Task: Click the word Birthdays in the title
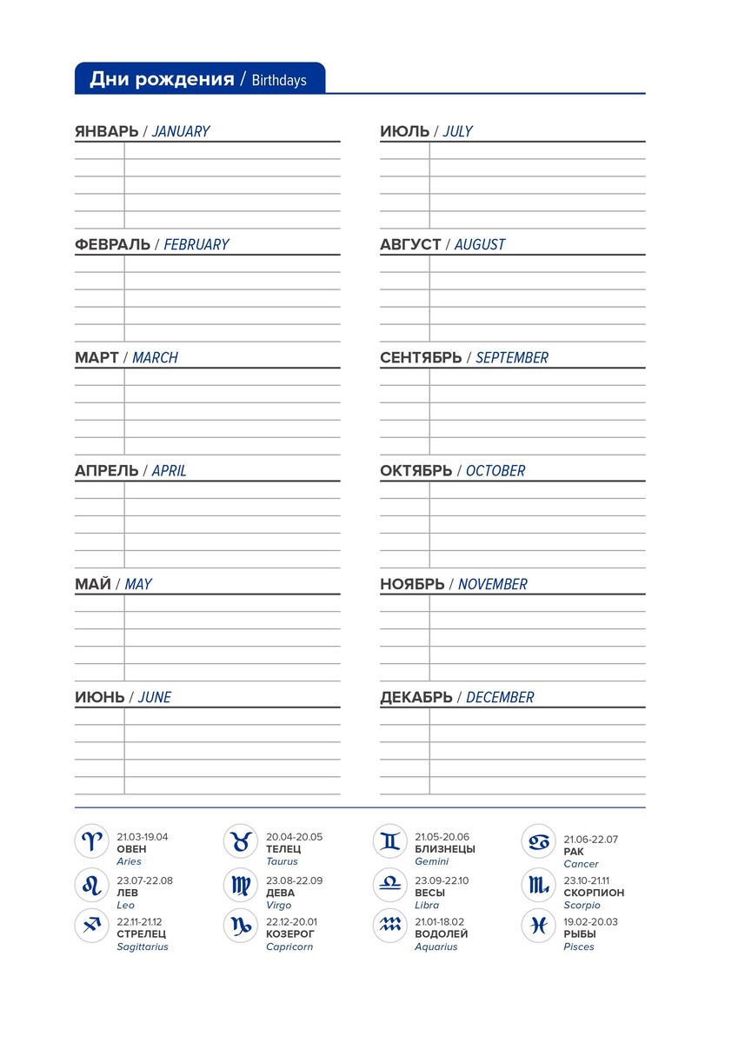(x=279, y=81)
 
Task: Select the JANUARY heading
(x=181, y=132)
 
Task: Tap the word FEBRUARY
(x=196, y=245)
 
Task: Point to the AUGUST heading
(x=479, y=245)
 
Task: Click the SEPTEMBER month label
(x=512, y=358)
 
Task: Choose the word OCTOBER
(x=496, y=471)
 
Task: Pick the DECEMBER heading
(x=500, y=698)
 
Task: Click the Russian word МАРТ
(x=96, y=358)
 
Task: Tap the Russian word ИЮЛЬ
(x=404, y=132)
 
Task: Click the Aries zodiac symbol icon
(x=91, y=841)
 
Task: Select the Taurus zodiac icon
(x=241, y=841)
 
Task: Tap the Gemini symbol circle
(x=389, y=841)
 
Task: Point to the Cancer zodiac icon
(x=539, y=841)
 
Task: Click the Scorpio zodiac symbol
(x=539, y=885)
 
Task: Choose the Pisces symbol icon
(x=539, y=926)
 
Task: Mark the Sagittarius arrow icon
(x=91, y=926)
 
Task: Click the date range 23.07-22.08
(x=145, y=880)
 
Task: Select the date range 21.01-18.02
(x=439, y=922)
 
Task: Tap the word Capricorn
(x=289, y=947)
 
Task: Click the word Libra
(x=427, y=905)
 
